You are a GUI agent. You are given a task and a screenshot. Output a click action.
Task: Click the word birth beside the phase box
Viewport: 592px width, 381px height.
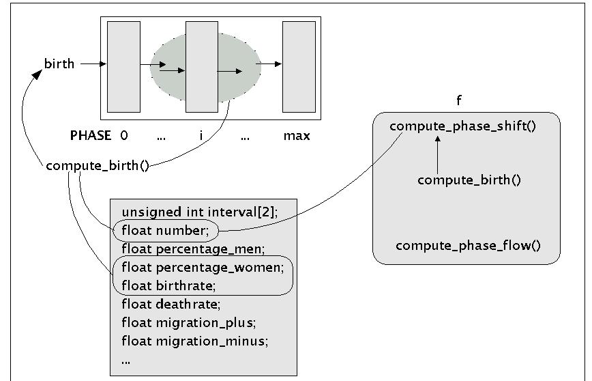click(59, 64)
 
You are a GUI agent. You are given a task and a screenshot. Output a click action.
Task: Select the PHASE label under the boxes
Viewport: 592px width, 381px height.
click(91, 136)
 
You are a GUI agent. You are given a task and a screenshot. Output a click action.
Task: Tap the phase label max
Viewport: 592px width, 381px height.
click(297, 136)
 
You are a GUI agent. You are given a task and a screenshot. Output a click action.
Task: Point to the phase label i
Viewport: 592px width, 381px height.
click(201, 136)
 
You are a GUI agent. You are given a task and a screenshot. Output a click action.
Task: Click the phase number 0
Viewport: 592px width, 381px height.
click(123, 136)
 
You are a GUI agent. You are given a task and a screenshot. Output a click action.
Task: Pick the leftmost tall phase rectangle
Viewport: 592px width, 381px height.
click(123, 66)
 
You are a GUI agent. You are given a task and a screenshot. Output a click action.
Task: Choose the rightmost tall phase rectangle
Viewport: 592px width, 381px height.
click(299, 66)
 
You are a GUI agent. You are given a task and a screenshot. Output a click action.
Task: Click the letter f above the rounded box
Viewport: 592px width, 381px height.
click(459, 101)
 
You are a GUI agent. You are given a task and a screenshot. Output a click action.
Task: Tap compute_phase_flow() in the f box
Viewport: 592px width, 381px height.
click(468, 245)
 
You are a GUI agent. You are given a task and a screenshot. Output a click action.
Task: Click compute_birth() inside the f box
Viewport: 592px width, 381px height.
click(469, 180)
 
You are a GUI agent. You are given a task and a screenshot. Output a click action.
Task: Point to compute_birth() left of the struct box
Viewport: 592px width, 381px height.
click(98, 166)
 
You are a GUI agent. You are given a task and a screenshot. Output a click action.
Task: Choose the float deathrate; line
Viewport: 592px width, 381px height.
click(171, 304)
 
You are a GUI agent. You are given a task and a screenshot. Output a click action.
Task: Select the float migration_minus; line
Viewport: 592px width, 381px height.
click(193, 340)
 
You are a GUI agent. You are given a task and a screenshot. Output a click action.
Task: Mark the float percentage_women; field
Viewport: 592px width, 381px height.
click(202, 266)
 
